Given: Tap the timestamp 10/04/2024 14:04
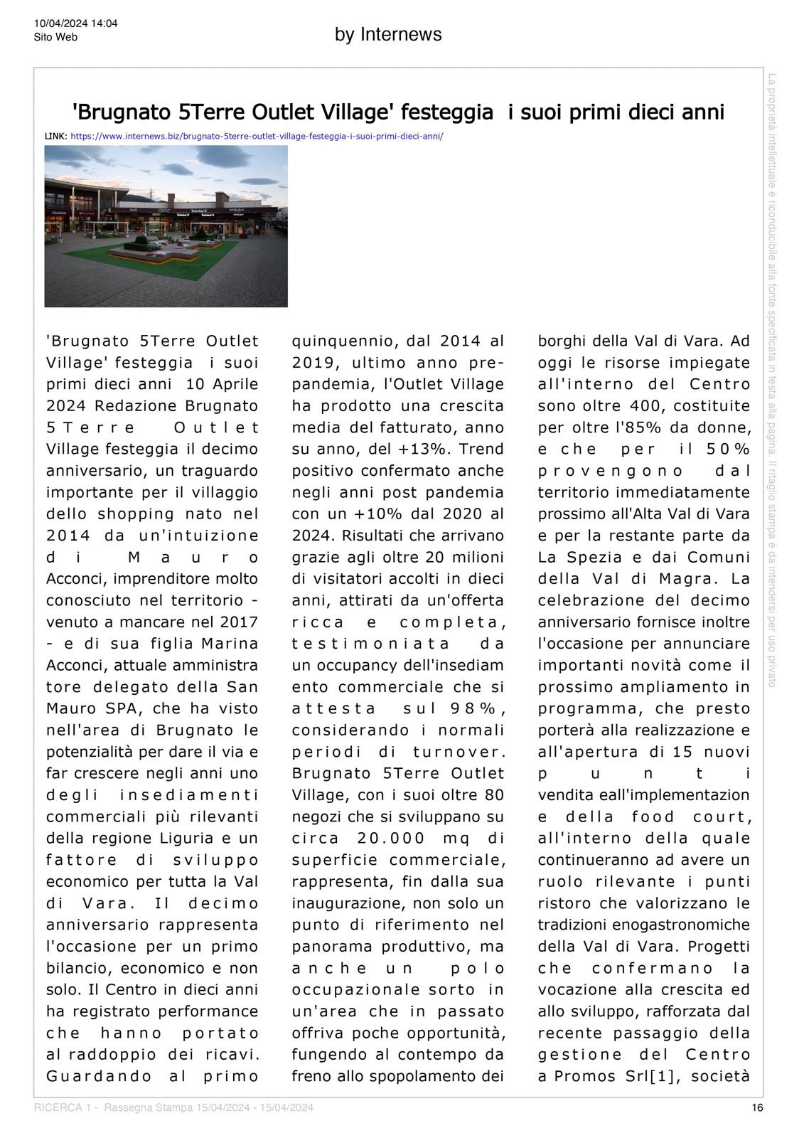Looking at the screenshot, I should (75, 23).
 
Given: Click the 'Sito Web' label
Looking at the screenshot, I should (55, 37).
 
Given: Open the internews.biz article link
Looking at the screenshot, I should (257, 135).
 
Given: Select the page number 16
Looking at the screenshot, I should (758, 1107).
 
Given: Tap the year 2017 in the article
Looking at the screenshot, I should (239, 622).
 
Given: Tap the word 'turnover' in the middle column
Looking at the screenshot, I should (457, 752).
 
